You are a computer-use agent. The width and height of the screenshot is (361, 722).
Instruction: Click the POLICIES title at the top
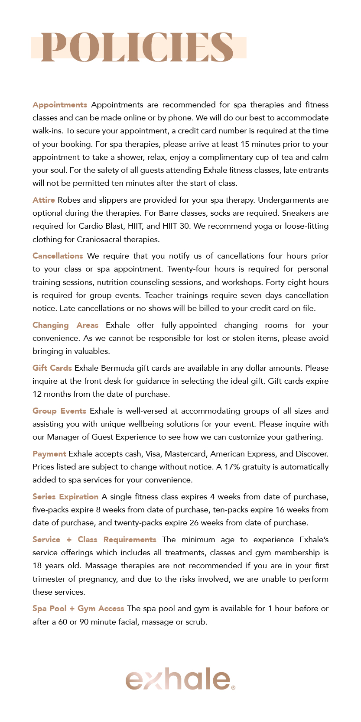[137, 47]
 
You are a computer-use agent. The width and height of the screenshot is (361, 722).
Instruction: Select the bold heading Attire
[44, 200]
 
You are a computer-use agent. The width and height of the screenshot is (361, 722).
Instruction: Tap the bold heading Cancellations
[58, 256]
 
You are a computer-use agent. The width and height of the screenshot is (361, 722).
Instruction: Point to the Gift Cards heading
[52, 368]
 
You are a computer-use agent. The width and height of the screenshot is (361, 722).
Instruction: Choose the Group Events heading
[59, 411]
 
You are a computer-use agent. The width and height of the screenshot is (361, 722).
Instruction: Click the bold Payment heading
[49, 454]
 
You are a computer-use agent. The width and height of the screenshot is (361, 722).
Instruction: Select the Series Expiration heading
[65, 497]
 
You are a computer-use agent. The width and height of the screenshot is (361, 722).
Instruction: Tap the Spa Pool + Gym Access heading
[78, 609]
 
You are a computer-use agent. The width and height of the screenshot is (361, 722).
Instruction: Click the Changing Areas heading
[65, 325]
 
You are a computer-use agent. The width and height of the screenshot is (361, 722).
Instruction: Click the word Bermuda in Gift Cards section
[117, 368]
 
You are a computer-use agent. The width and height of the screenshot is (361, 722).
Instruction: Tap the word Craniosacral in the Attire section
[100, 240]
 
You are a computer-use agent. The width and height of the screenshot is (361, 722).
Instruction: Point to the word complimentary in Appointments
[226, 157]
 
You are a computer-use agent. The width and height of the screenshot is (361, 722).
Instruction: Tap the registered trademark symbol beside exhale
[234, 687]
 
